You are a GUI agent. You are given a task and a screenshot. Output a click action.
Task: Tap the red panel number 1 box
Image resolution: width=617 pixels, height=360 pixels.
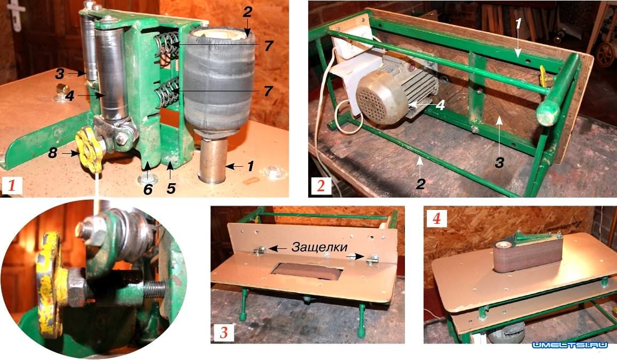point(11,185)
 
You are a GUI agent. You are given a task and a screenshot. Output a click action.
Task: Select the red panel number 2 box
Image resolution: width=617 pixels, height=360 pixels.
point(321,185)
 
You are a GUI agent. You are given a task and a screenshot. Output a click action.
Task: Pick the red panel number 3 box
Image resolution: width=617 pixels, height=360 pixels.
point(223,332)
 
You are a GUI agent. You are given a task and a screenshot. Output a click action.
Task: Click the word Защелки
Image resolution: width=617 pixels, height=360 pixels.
point(319,247)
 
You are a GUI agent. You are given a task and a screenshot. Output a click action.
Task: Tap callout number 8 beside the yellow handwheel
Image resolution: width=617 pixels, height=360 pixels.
point(53,152)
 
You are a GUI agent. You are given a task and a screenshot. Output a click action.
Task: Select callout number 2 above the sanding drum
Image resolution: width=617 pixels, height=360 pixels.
point(247,12)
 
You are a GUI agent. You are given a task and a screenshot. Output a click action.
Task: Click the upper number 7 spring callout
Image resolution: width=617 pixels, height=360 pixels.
point(268,45)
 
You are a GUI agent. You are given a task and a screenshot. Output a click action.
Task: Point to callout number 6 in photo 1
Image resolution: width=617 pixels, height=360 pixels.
point(147,190)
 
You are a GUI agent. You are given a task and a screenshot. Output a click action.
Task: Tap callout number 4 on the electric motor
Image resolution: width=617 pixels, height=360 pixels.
point(440,105)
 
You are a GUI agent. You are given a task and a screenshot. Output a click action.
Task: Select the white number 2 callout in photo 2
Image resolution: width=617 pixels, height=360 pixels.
point(420,183)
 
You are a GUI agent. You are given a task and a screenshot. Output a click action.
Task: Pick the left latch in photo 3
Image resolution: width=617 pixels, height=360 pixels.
point(260,251)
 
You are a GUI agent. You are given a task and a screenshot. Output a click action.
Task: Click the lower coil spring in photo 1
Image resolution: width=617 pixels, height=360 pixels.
point(167,93)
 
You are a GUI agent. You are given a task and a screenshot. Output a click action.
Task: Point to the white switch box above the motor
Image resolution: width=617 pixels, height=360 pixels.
point(352,40)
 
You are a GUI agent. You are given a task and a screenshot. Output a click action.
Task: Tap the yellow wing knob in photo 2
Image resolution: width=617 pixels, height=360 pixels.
point(544,75)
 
